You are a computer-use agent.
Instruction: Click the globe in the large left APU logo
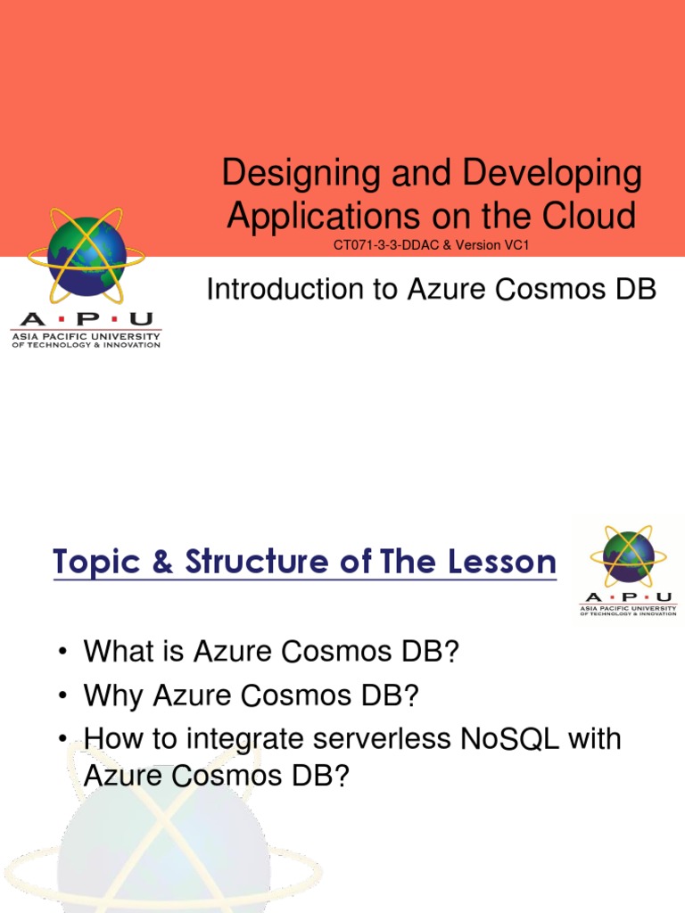[x=87, y=257]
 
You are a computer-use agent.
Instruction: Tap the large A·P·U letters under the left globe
[x=86, y=319]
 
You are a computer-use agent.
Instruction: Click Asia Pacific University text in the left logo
[x=86, y=336]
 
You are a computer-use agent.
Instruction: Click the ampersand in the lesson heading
[x=161, y=563]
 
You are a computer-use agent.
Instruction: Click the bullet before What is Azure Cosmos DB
[x=63, y=652]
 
